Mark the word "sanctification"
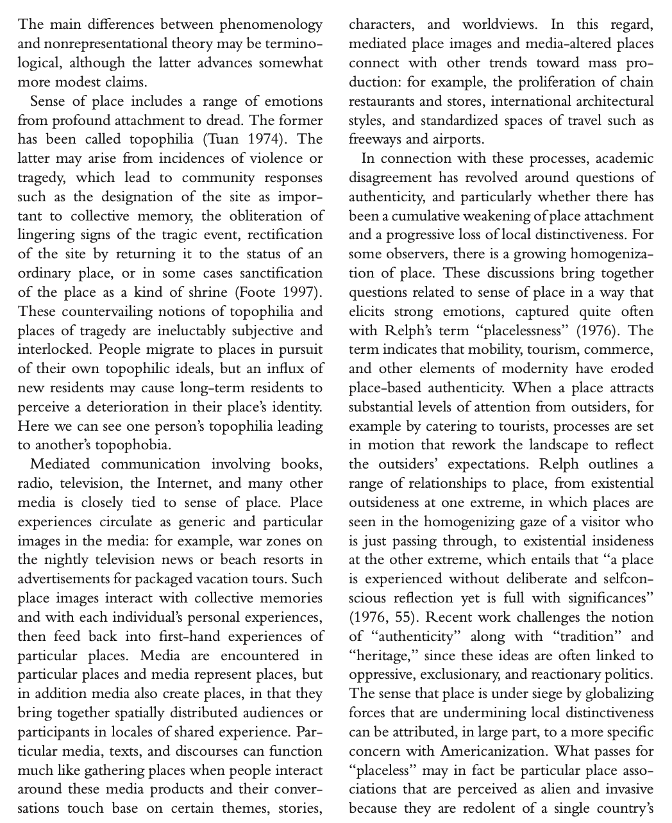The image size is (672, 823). click(x=273, y=273)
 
